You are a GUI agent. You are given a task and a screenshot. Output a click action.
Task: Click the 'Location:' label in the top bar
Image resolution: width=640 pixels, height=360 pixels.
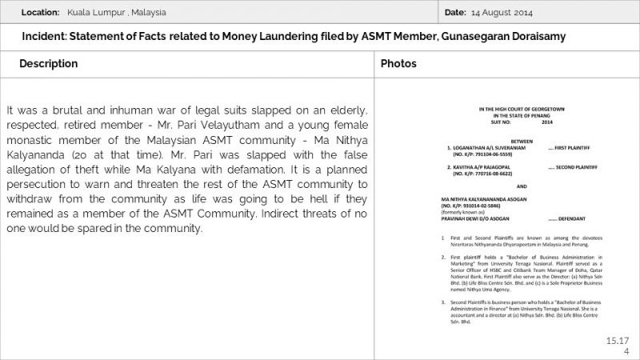click(x=41, y=13)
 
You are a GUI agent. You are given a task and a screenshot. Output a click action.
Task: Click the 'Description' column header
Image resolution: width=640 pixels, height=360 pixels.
click(x=49, y=63)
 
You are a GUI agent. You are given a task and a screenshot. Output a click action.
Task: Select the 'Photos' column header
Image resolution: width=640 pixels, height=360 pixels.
click(x=398, y=63)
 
